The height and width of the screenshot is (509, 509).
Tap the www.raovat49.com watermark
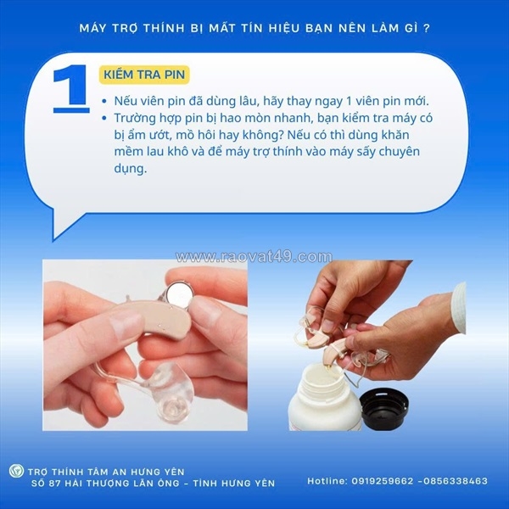(254, 257)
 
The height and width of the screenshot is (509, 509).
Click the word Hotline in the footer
(327, 481)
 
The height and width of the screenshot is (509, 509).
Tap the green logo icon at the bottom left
(15, 472)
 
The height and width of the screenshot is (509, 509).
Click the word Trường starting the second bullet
(139, 120)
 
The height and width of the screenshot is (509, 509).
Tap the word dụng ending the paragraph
(128, 168)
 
